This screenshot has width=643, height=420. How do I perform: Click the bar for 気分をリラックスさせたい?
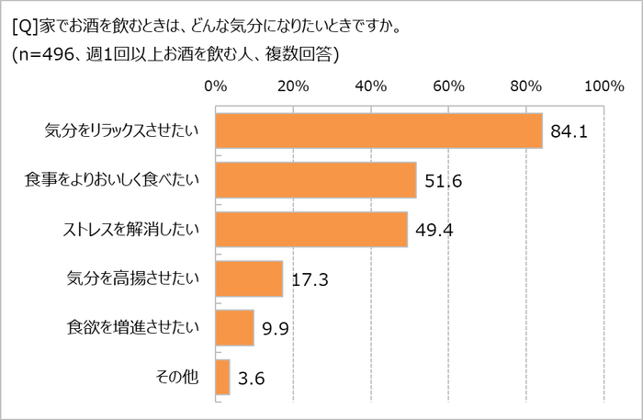click(378, 131)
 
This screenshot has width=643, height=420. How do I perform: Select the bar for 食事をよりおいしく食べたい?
click(315, 180)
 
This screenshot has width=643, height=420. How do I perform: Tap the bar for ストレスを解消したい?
click(311, 229)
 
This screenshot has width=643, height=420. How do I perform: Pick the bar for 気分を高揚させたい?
click(249, 278)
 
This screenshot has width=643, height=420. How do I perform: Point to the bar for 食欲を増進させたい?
click(234, 327)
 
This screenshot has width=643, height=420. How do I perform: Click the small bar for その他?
click(222, 376)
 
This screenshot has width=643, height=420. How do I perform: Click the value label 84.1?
click(569, 133)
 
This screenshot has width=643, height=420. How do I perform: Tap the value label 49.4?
click(434, 231)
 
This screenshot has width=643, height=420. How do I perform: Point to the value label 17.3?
click(310, 279)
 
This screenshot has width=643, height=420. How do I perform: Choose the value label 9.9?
click(276, 328)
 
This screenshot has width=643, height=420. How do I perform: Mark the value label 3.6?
click(252, 377)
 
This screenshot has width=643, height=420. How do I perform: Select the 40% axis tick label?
click(370, 85)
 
